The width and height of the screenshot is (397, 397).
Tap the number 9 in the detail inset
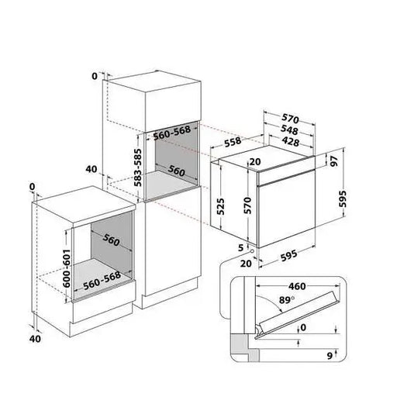pyautogui.click(x=330, y=355)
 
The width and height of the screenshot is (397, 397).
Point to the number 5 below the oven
pyautogui.click(x=240, y=248)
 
